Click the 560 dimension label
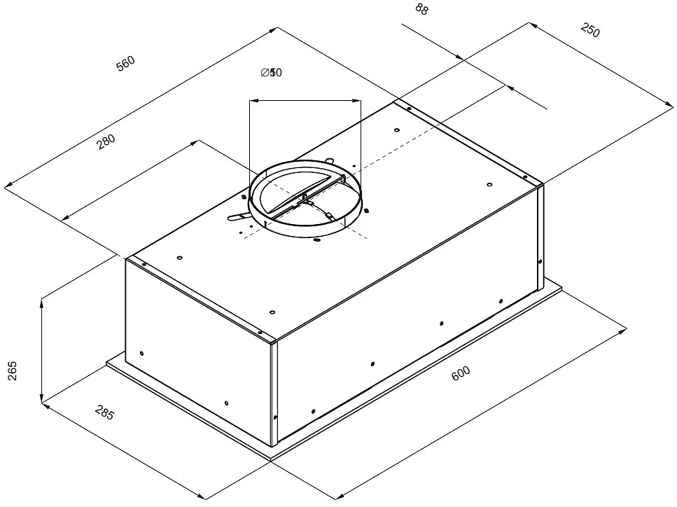point(125,62)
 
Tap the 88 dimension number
point(421,9)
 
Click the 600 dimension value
point(461,373)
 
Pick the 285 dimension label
point(102,414)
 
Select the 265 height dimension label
point(12,371)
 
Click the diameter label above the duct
point(271,73)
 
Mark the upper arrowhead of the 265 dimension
point(43,301)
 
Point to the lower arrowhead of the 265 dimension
point(43,402)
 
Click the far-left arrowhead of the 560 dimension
point(7,186)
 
